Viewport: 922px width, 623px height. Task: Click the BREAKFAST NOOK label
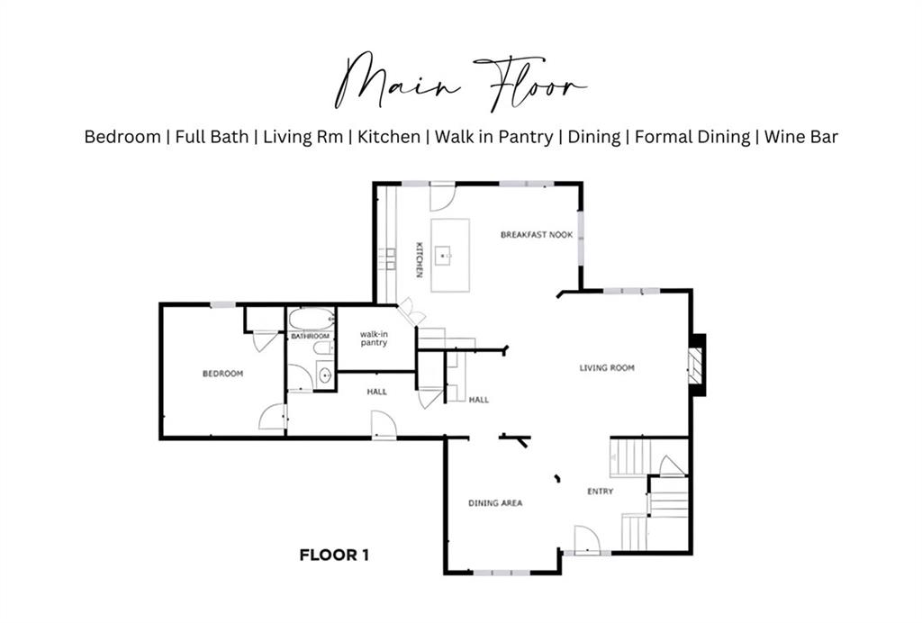pos(537,234)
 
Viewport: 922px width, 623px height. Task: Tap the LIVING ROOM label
pos(607,368)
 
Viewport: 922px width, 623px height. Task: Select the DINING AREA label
pos(495,503)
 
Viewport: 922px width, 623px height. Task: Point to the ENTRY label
pos(601,492)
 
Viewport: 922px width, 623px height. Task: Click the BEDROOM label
pos(223,374)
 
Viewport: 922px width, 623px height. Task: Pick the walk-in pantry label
pos(374,339)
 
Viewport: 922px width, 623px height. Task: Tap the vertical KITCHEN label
pos(420,260)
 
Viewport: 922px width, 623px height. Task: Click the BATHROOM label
pos(311,336)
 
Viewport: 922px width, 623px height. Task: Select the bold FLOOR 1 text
pos(334,555)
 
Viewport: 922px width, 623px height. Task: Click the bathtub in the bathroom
pos(312,320)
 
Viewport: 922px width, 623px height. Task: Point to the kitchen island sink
pos(443,257)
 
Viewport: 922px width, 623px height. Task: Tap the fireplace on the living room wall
pos(696,365)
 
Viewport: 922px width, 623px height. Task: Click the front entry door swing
pos(587,540)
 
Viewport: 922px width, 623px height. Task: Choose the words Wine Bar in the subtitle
pos(800,137)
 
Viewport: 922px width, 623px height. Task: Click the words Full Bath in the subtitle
pos(212,137)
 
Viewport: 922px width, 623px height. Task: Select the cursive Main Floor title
pos(460,82)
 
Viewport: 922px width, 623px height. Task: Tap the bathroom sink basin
pos(324,375)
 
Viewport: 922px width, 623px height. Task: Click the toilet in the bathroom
pos(323,348)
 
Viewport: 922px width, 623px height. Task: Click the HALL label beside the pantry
pos(377,392)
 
